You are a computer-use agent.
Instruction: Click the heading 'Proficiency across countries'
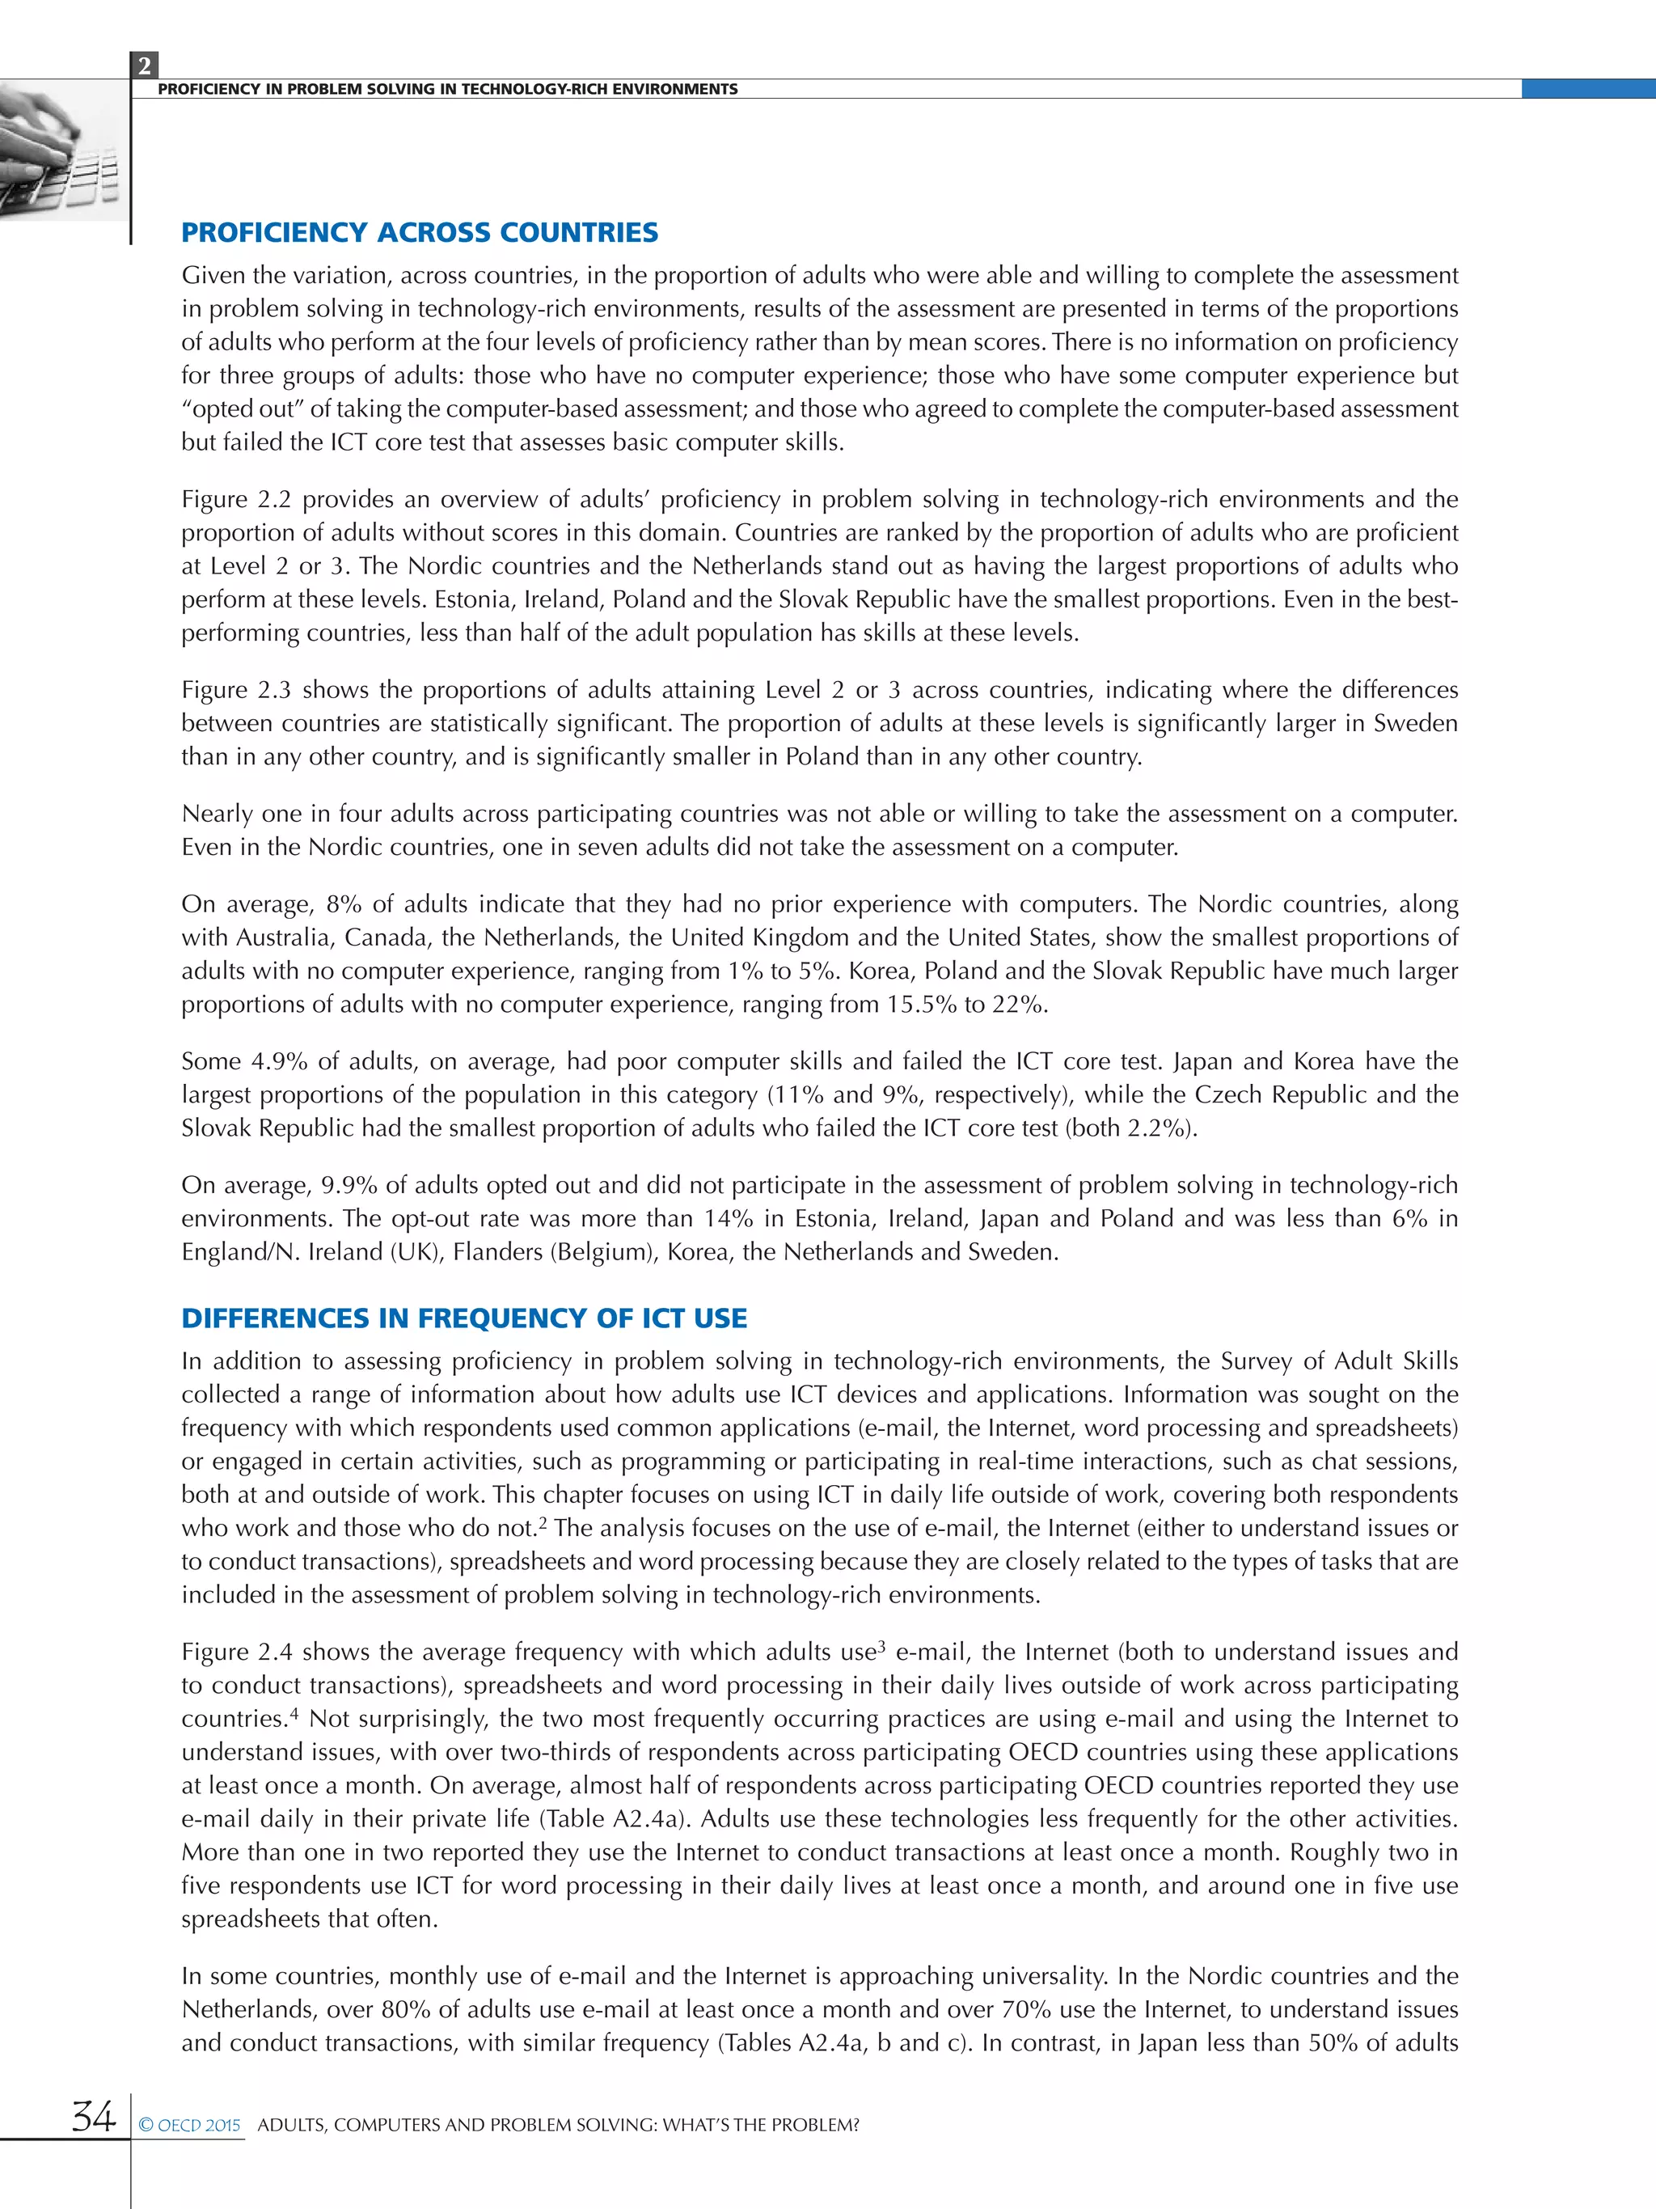coord(419,233)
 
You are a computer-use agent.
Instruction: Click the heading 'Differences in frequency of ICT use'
coord(463,1318)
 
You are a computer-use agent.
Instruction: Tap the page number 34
coord(93,2115)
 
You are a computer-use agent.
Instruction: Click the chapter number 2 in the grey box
coord(144,66)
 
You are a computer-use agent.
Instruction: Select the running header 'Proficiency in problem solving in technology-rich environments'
coord(447,89)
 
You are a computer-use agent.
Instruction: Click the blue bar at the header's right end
coord(1587,89)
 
